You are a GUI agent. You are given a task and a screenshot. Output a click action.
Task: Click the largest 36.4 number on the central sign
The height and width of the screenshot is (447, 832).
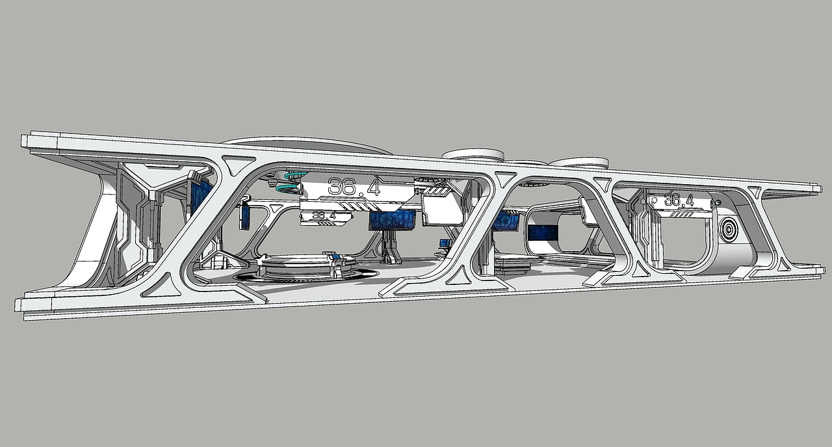pyautogui.click(x=354, y=187)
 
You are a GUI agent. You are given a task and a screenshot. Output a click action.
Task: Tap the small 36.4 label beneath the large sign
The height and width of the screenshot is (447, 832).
pyautogui.click(x=324, y=215)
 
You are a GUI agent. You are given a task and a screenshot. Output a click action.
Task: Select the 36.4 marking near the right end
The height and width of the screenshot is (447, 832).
pyautogui.click(x=679, y=200)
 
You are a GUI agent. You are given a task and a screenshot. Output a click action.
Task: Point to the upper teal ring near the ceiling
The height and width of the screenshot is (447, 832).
pyautogui.click(x=295, y=175)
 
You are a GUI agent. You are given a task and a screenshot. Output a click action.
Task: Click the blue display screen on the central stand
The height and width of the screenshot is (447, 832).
pyautogui.click(x=393, y=220)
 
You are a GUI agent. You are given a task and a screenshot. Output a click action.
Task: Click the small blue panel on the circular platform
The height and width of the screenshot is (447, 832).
pyautogui.click(x=337, y=258)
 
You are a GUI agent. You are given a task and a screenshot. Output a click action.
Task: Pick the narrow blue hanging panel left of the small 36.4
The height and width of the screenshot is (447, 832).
pyautogui.click(x=245, y=217)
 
